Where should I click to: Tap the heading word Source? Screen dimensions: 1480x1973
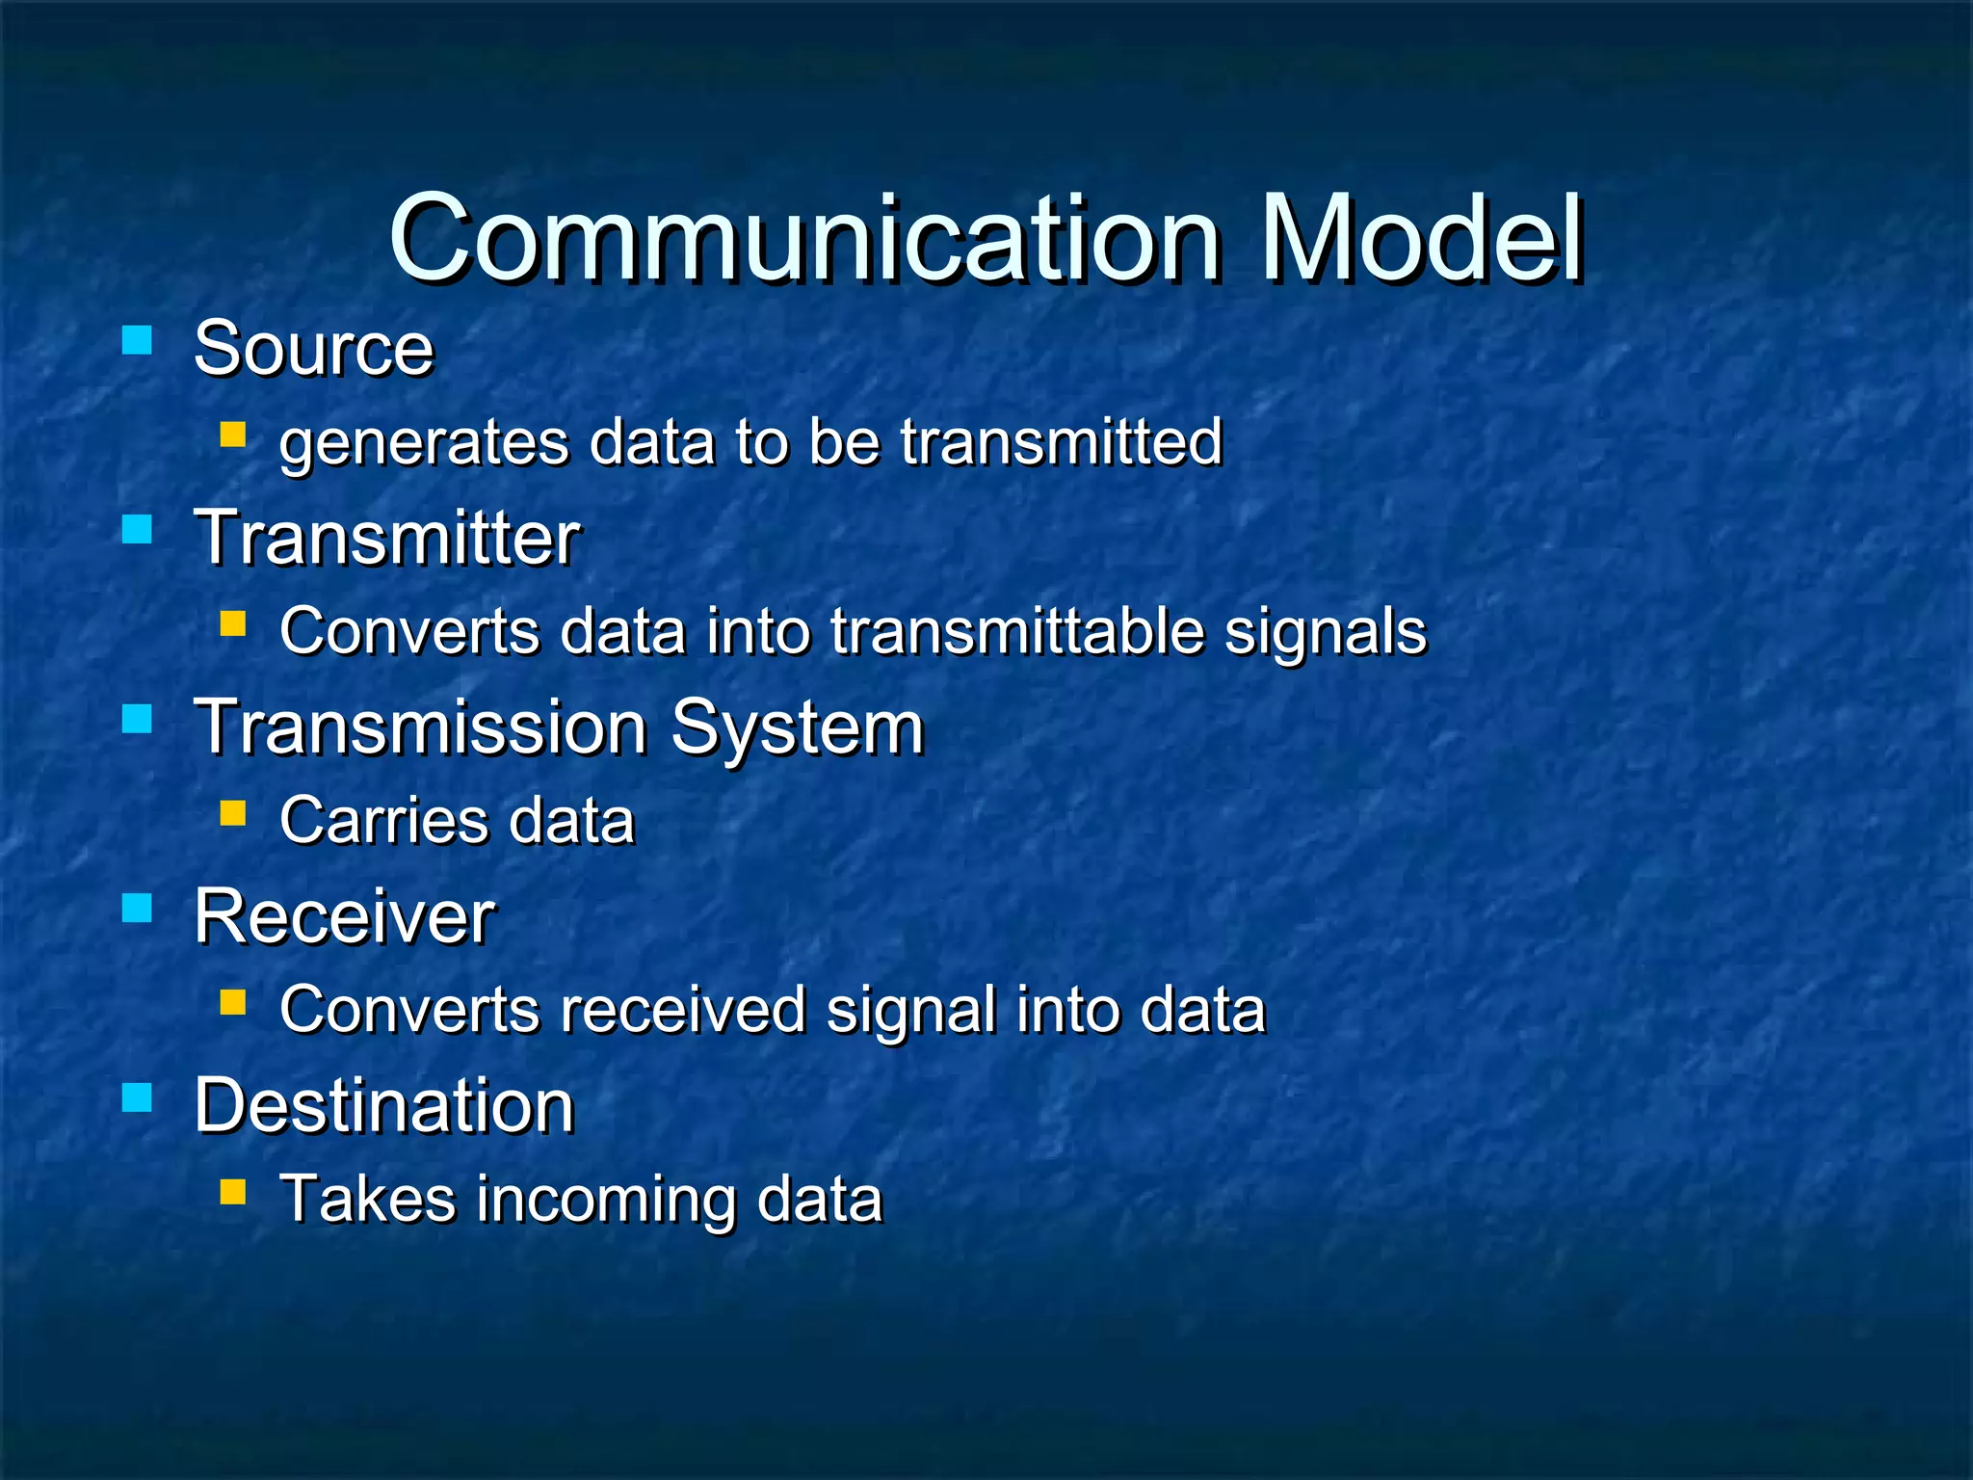[313, 349]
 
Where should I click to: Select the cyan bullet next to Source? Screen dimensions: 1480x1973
[138, 340]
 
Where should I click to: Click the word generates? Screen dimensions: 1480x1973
[424, 443]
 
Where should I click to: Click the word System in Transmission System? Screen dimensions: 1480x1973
[797, 728]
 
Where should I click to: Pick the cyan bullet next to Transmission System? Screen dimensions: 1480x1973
[138, 719]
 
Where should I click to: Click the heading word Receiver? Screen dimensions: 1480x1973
[344, 916]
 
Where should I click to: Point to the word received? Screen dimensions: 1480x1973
[682, 1010]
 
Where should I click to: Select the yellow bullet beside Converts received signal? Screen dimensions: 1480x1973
[233, 1002]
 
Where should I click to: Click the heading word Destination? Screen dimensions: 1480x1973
[383, 1105]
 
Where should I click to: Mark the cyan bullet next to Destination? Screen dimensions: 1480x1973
[138, 1097]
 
